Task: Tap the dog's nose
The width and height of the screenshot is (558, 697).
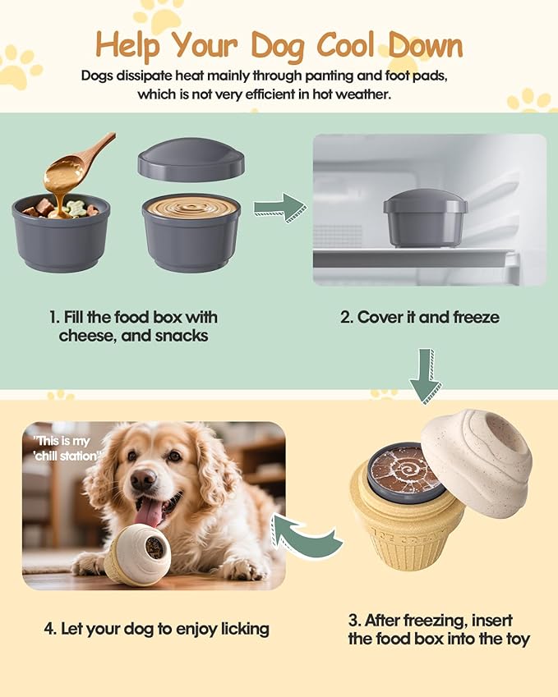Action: point(142,478)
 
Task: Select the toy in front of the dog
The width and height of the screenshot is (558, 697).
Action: point(138,554)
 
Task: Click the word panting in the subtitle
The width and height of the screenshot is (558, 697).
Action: point(309,76)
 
